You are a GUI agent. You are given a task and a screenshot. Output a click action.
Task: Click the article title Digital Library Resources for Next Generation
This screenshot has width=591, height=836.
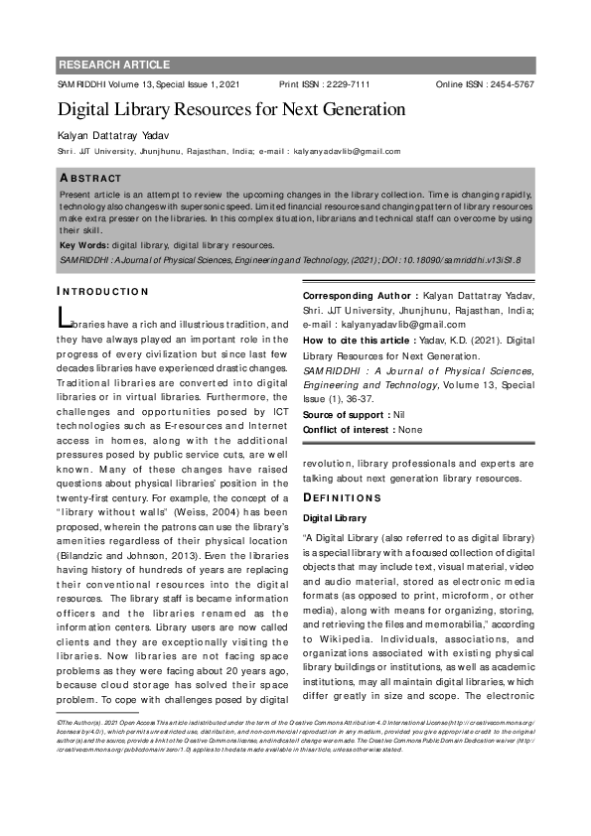(230, 109)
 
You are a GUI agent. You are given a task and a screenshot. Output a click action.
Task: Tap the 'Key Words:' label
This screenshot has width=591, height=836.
(84, 244)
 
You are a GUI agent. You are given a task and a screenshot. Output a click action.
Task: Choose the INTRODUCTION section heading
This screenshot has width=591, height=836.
(102, 291)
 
